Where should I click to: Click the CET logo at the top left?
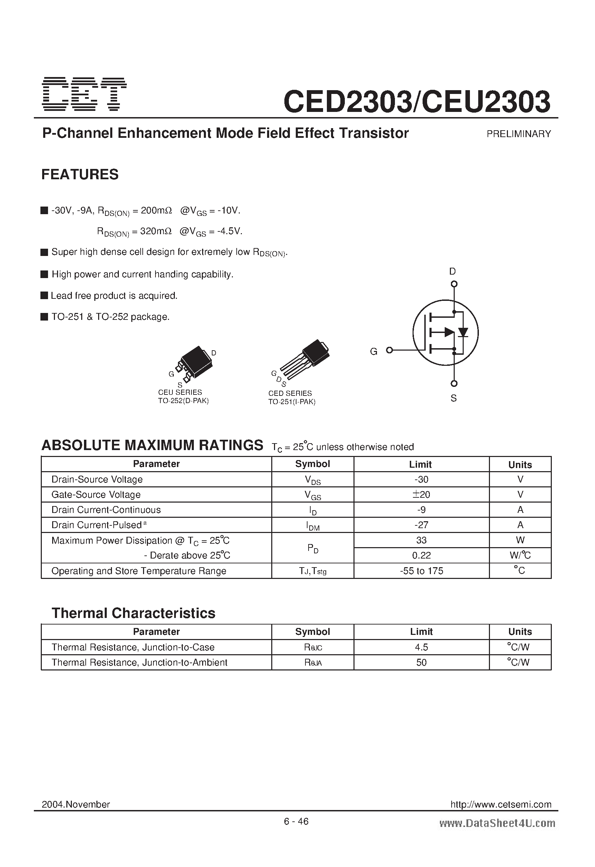click(84, 94)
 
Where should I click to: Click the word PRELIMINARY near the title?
click(519, 134)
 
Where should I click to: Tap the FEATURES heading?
click(80, 174)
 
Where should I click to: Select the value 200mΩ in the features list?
click(156, 211)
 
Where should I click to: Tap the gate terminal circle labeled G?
click(389, 350)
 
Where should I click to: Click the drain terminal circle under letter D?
click(454, 284)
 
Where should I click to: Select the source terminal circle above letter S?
click(454, 383)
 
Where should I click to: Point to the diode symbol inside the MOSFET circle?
click(463, 332)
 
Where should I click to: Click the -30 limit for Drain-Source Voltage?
click(421, 479)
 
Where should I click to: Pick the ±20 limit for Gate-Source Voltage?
click(421, 495)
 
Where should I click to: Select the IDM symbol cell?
click(312, 526)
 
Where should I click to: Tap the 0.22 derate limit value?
click(422, 555)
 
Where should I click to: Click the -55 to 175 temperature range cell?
click(421, 571)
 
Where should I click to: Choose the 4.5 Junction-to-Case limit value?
click(422, 647)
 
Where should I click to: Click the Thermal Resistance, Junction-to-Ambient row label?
click(139, 663)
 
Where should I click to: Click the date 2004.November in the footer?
click(76, 804)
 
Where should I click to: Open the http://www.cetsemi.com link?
click(501, 804)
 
